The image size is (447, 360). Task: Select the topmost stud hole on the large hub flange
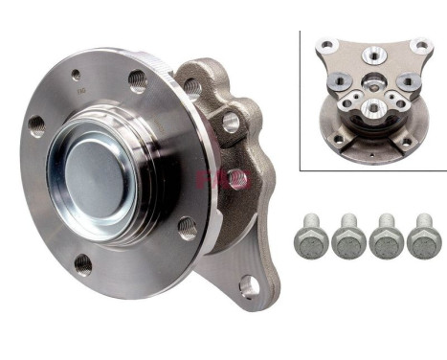[137, 81]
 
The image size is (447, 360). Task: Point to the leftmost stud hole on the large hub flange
[37, 126]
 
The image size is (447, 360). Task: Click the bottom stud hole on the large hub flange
[84, 263]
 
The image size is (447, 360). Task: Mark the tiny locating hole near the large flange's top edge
[76, 73]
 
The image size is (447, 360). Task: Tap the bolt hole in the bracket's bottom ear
[248, 284]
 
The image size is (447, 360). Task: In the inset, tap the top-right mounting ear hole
[418, 44]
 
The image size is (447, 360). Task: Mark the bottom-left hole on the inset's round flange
[337, 139]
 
